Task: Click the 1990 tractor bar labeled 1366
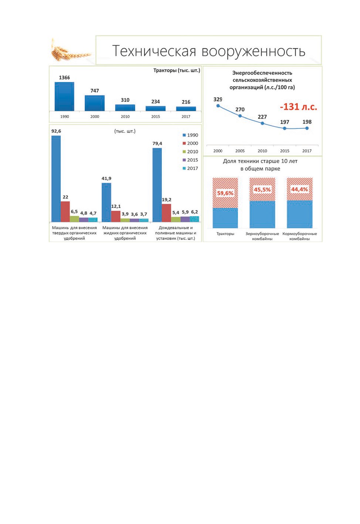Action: (64, 96)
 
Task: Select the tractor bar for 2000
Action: (94, 103)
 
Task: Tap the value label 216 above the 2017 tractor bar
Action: (186, 102)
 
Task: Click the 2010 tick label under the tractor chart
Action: (125, 117)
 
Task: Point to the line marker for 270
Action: (240, 116)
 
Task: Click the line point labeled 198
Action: (307, 128)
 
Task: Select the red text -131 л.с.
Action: (299, 107)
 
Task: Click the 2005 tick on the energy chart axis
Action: (240, 151)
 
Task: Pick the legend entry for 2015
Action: (190, 160)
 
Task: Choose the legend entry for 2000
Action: (190, 143)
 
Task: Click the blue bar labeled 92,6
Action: (56, 179)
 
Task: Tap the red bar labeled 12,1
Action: (116, 216)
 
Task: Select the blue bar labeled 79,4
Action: (157, 185)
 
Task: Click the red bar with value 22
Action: (65, 211)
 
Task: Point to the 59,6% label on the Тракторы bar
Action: (225, 193)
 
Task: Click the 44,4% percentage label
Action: (299, 189)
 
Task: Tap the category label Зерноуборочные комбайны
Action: (262, 236)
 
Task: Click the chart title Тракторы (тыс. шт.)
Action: (177, 70)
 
